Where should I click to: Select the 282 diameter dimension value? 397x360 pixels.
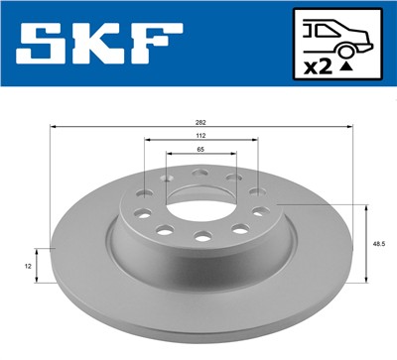(x=201, y=122)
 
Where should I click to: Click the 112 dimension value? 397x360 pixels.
(x=201, y=135)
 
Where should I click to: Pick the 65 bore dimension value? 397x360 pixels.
(x=201, y=148)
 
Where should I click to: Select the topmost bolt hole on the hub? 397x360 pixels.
(x=201, y=172)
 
